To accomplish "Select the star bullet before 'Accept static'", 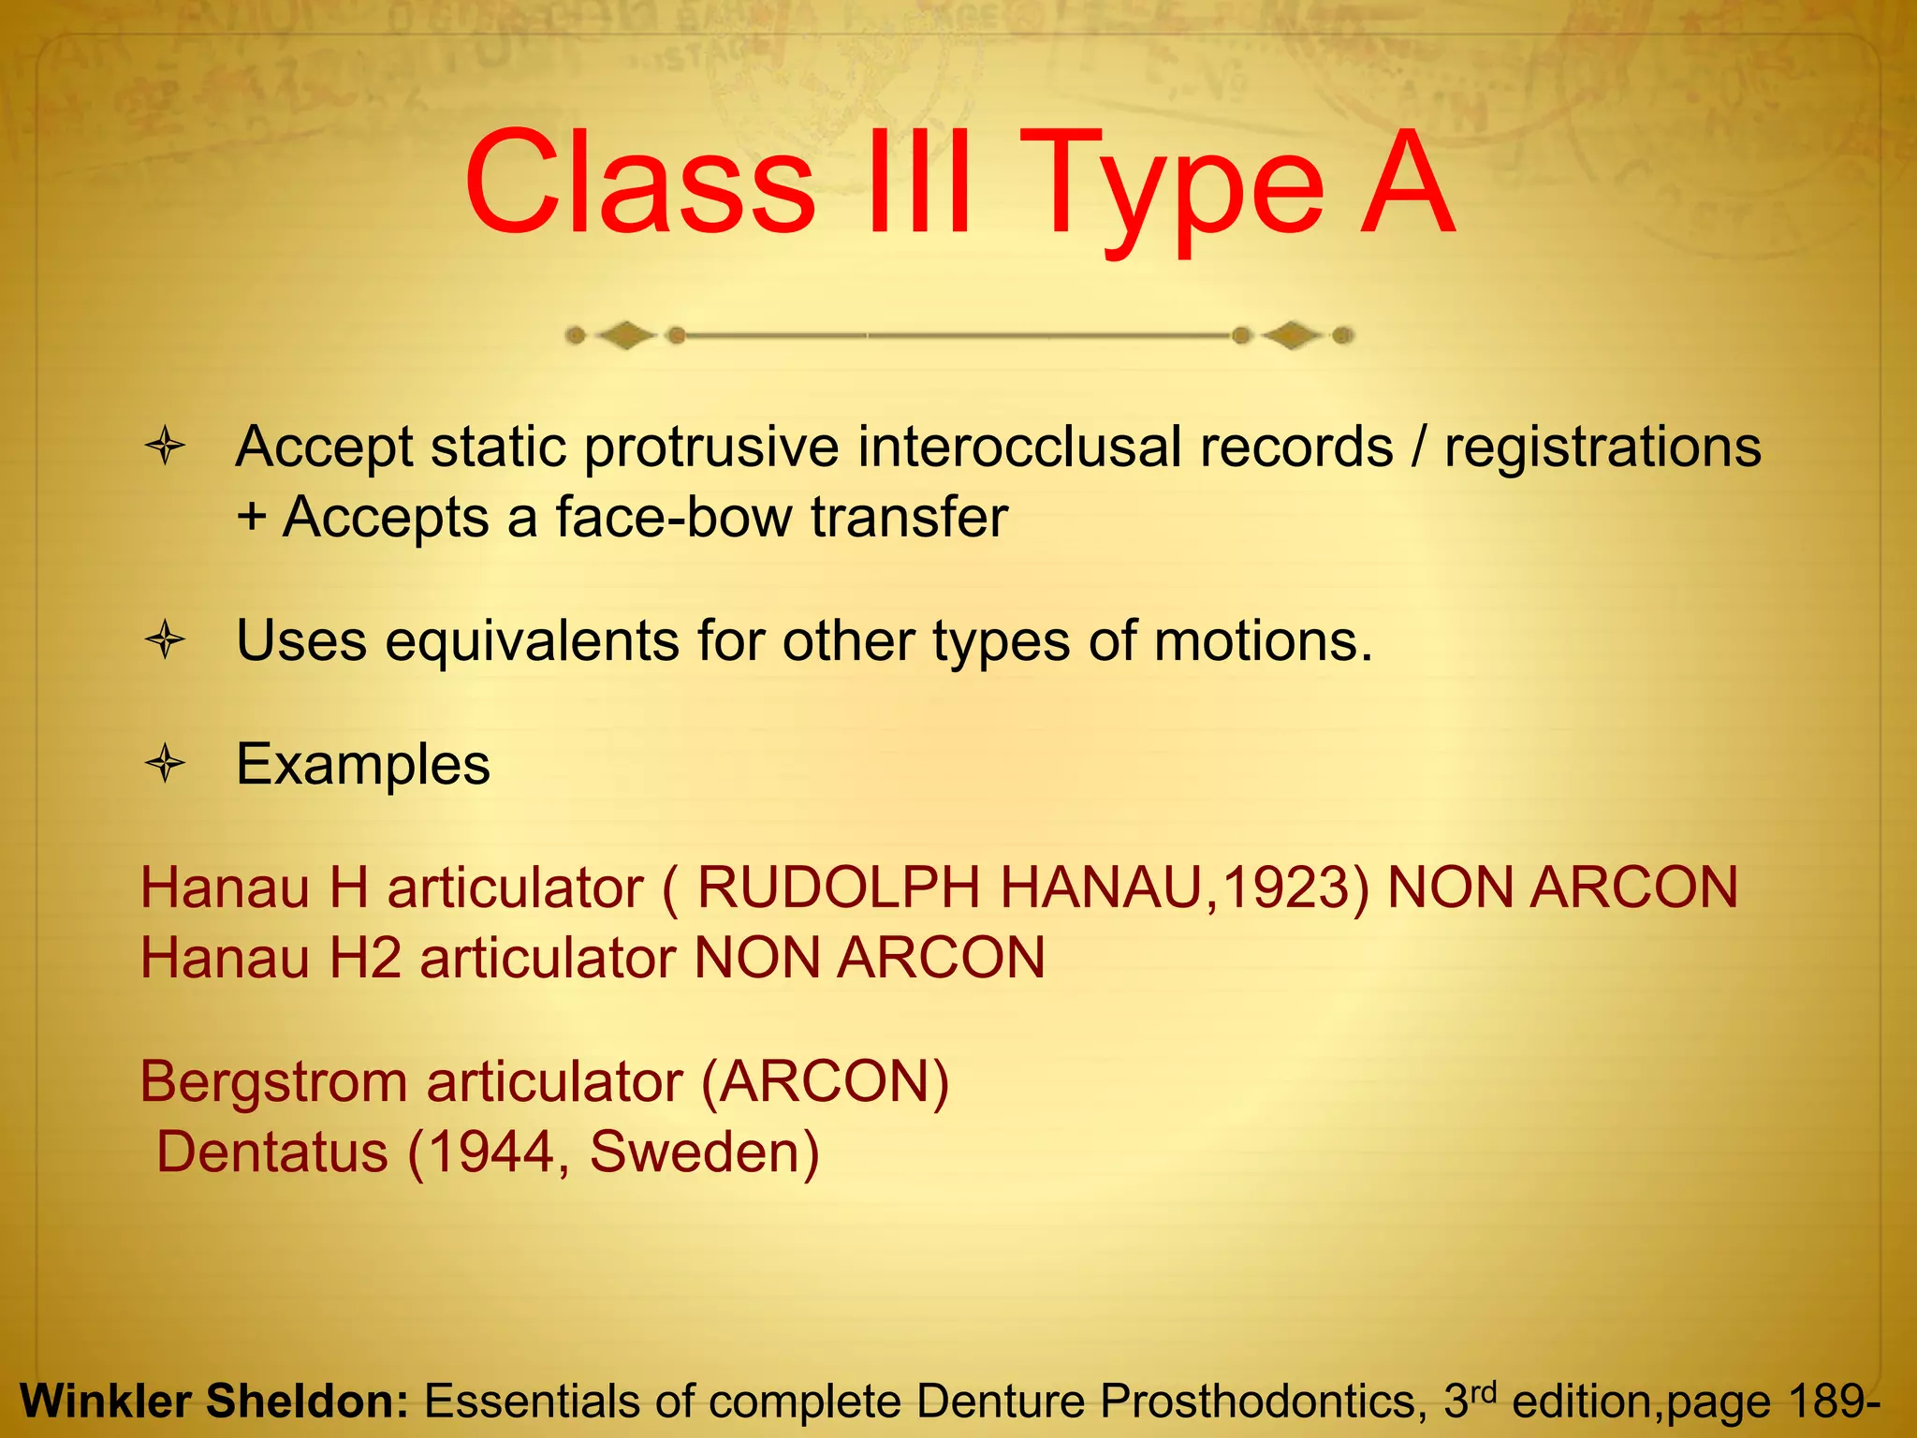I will (166, 447).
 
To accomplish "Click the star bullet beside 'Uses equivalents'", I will (166, 641).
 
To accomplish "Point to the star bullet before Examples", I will (166, 765).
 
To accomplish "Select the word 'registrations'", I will (1602, 447).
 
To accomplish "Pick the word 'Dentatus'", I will (271, 1152).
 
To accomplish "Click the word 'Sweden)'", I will (704, 1152).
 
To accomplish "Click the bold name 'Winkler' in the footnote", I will (104, 1401).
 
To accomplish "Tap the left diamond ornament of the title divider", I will (625, 335).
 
